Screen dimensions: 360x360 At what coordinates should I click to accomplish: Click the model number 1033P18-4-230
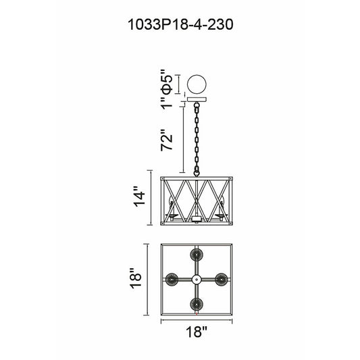[180, 24]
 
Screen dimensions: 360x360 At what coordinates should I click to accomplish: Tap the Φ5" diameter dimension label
[166, 82]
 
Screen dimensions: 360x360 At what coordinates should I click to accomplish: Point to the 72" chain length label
[166, 140]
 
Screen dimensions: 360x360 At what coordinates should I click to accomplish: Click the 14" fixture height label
[140, 197]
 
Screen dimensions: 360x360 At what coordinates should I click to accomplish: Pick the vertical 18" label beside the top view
[136, 278]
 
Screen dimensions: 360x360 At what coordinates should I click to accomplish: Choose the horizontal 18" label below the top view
[197, 332]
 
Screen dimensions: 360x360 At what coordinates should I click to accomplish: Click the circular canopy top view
[197, 84]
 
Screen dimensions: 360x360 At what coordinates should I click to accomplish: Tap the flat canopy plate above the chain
[197, 99]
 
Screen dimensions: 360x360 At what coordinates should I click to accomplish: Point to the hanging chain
[197, 139]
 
